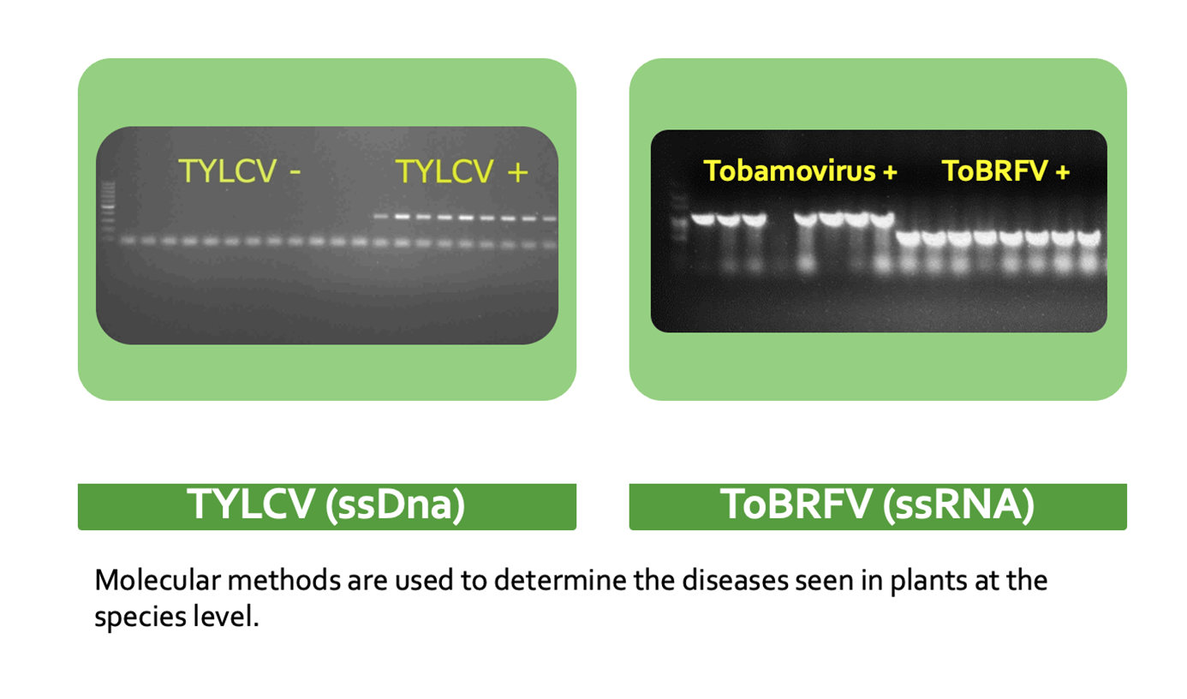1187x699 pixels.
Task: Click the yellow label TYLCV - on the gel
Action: [x=240, y=170]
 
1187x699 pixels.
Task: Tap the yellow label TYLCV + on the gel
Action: [x=462, y=171]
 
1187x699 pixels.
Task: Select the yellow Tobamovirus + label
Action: [x=800, y=170]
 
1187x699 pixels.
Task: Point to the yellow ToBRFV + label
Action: [x=1005, y=170]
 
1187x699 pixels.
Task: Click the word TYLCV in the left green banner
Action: [x=251, y=504]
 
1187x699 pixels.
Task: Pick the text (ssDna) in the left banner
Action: [x=396, y=505]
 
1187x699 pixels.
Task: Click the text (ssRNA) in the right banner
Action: [x=959, y=505]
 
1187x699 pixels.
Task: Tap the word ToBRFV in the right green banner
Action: [x=796, y=504]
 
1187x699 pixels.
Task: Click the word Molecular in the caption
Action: [x=158, y=580]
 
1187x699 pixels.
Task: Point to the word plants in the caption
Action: [x=929, y=582]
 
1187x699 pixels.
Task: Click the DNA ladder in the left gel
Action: [x=108, y=211]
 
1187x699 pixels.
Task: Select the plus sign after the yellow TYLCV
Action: [x=518, y=172]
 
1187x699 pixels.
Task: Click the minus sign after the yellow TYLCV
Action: [x=295, y=171]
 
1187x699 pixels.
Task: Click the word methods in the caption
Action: [x=284, y=580]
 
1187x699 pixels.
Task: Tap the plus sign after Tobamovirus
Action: [x=891, y=172]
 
